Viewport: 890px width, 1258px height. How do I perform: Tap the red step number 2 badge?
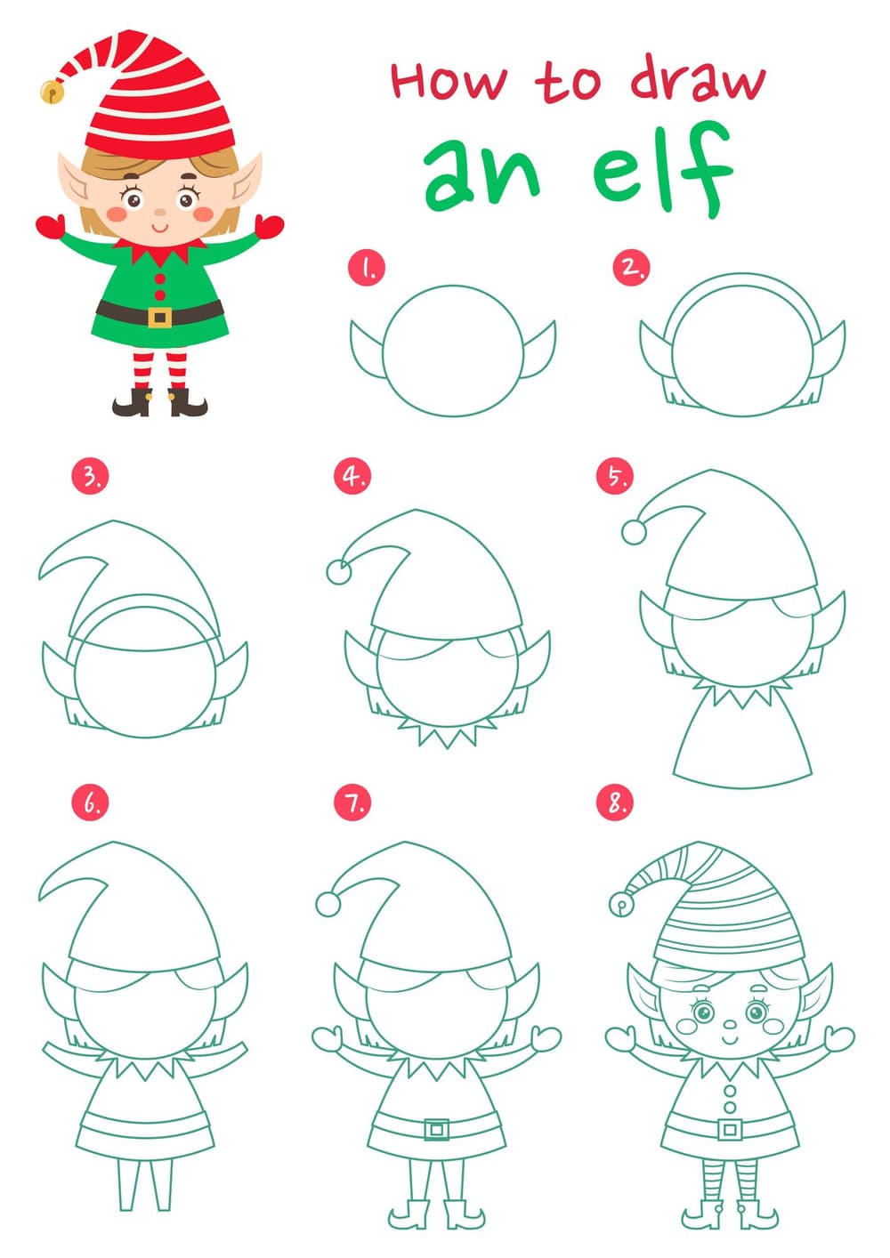[632, 267]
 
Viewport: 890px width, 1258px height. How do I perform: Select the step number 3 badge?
[90, 476]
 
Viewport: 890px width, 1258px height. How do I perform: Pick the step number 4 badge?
[352, 476]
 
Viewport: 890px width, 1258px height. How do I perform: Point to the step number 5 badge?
[615, 476]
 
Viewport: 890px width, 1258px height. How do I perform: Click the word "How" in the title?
[449, 81]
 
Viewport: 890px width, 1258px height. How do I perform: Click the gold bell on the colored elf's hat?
[51, 91]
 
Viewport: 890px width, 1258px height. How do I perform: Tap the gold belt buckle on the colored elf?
[160, 317]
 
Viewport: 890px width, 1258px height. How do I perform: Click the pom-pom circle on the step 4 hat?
[339, 572]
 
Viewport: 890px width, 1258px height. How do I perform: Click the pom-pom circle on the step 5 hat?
[634, 531]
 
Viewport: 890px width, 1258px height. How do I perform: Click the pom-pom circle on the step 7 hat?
[328, 904]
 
